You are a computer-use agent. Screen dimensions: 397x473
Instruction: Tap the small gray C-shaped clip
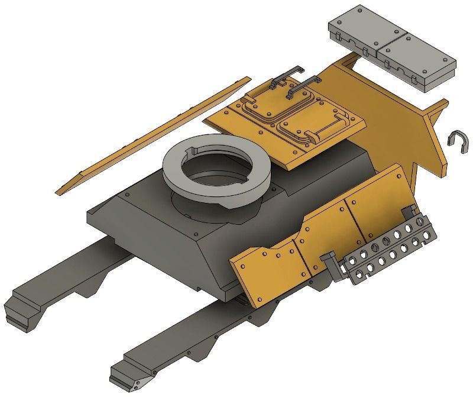click(459, 141)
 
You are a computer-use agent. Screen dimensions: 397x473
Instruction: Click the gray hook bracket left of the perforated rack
click(331, 263)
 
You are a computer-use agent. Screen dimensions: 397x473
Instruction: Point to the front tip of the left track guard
click(18, 311)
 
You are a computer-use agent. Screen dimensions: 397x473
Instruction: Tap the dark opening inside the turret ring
click(216, 172)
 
